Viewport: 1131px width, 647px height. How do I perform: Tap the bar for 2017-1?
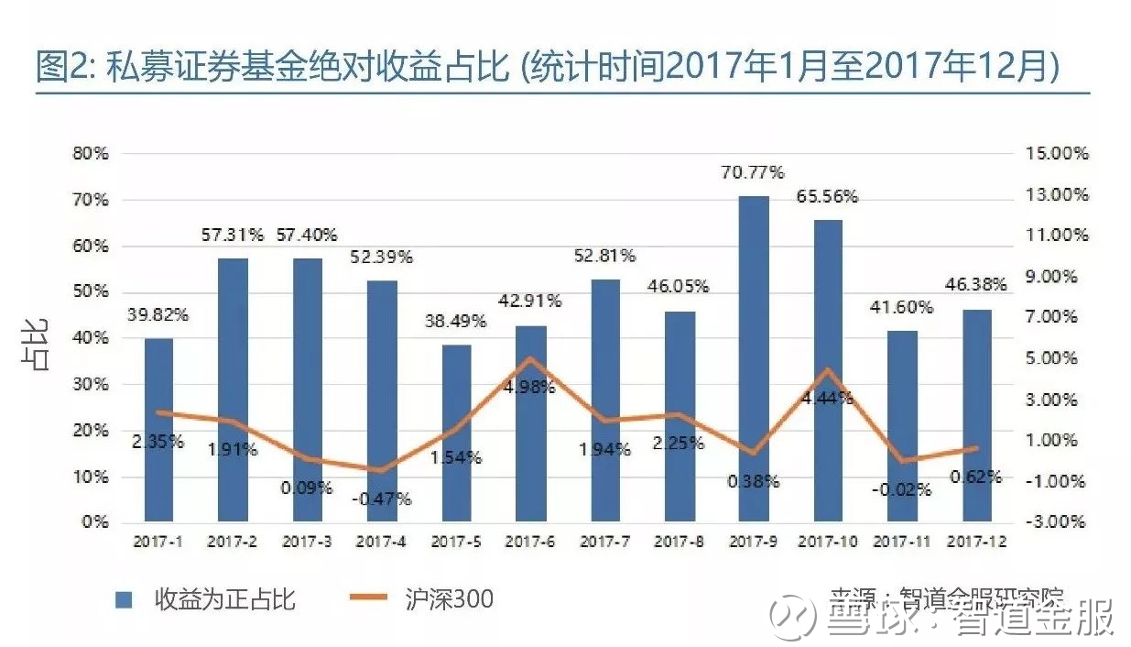tap(158, 431)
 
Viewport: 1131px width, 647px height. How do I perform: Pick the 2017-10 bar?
tap(828, 371)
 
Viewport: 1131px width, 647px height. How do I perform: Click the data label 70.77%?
tap(753, 172)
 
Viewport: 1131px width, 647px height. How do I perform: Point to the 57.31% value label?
tap(232, 236)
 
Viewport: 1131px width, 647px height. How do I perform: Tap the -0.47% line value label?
tap(381, 499)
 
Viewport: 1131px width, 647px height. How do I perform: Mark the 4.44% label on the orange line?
tap(827, 398)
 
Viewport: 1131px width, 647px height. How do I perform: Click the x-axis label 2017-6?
tap(530, 543)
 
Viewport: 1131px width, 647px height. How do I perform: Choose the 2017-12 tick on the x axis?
tap(977, 543)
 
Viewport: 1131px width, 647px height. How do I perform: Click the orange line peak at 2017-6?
tap(530, 358)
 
